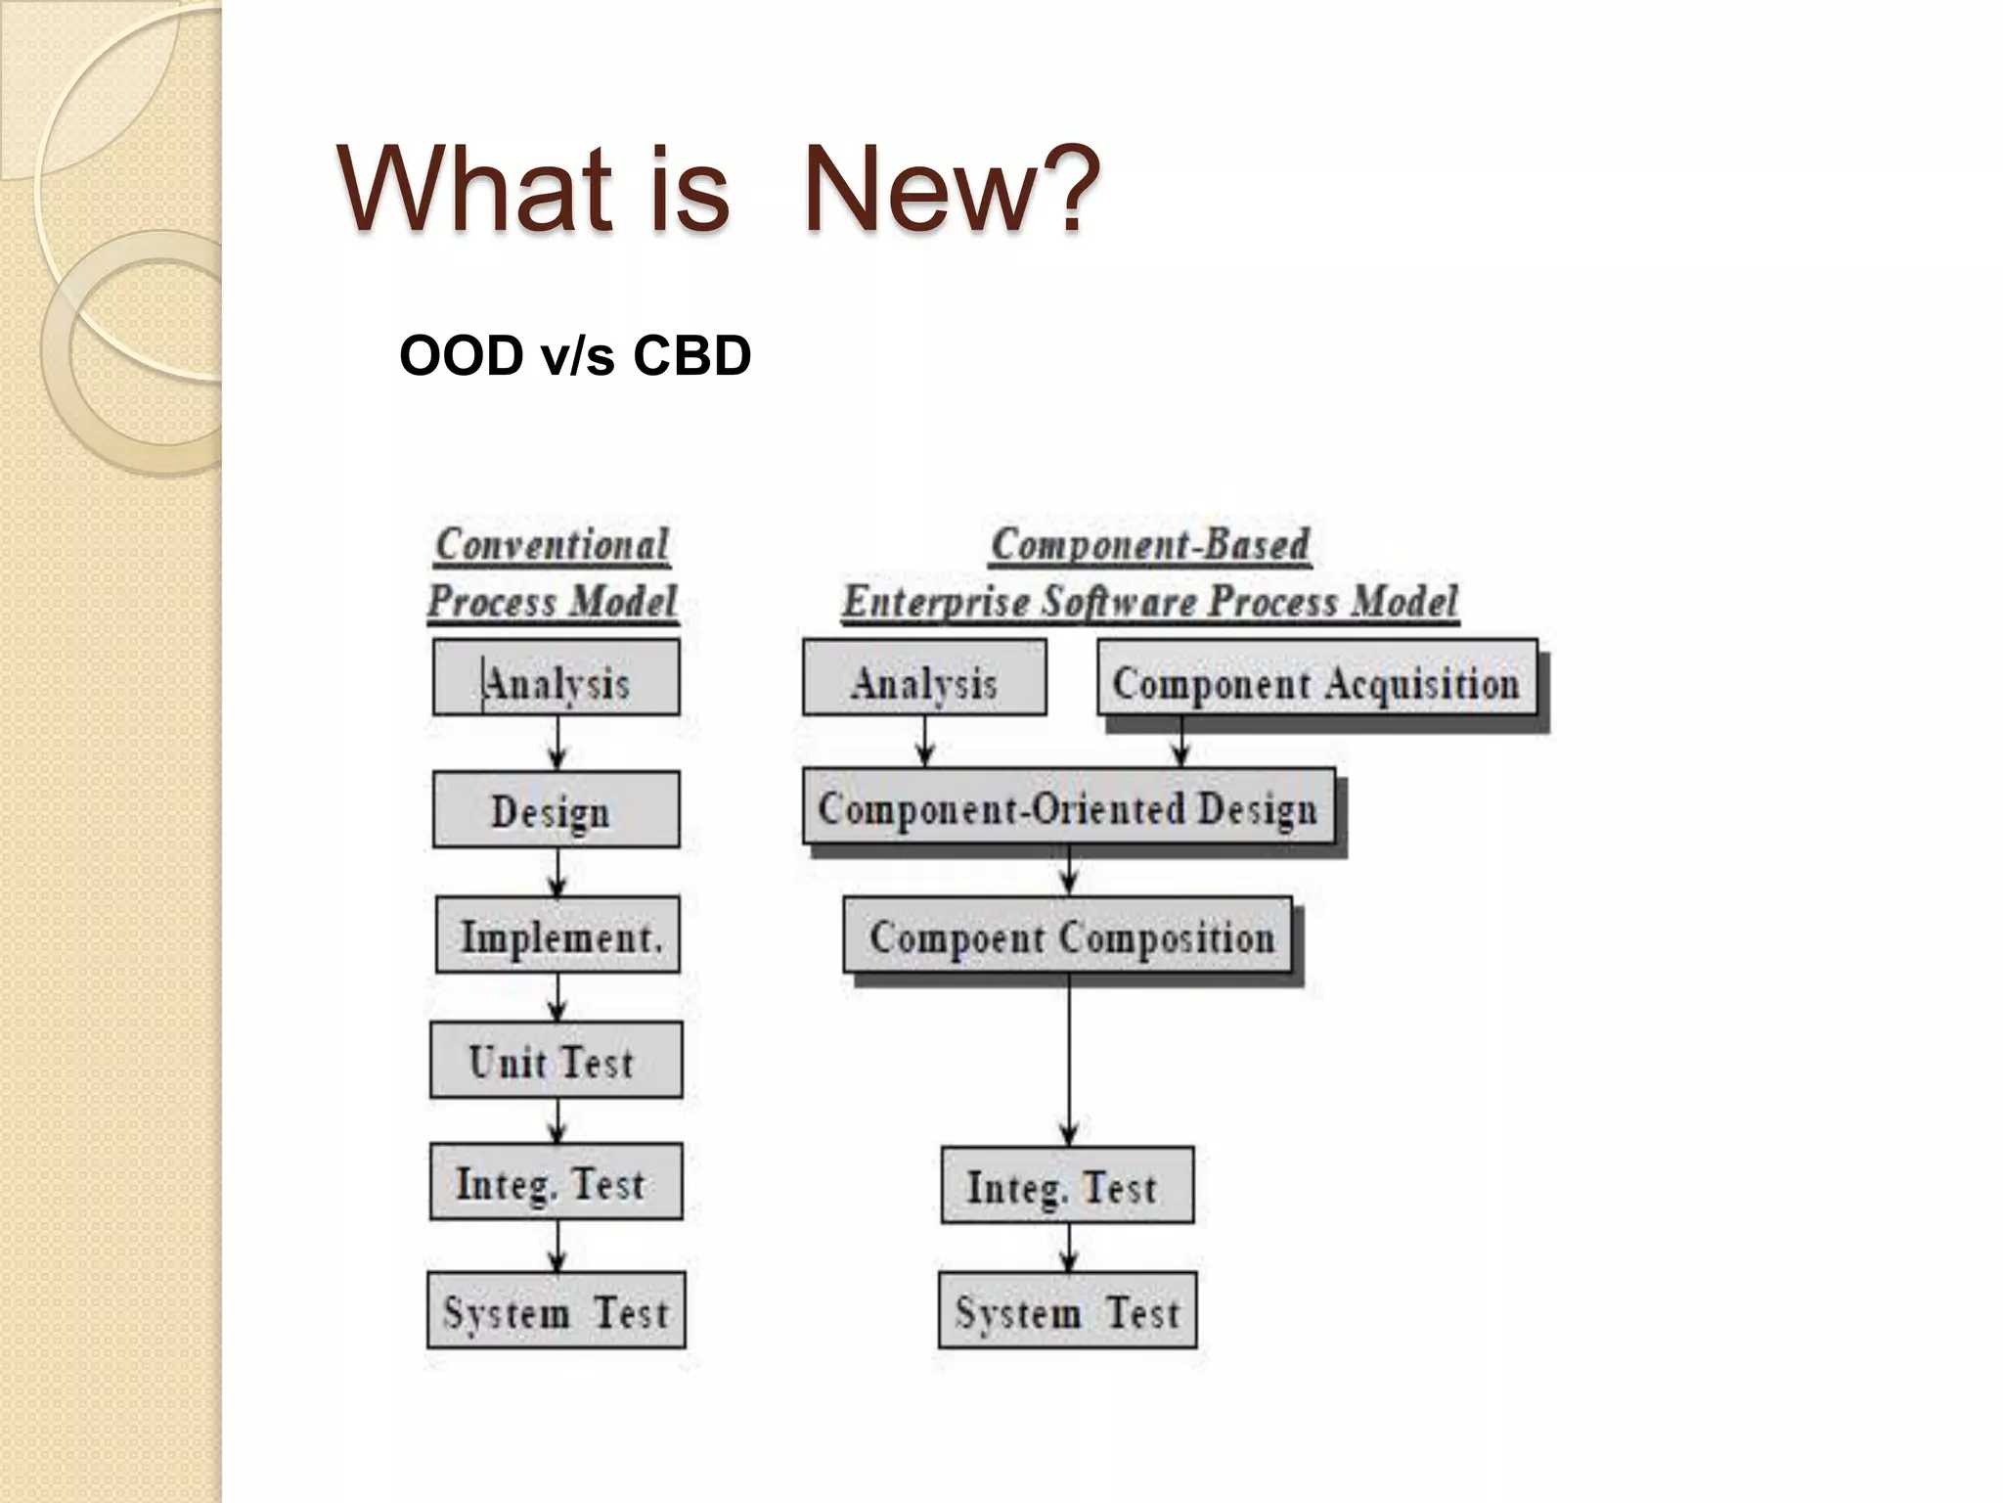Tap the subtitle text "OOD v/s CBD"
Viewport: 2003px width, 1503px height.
pos(575,355)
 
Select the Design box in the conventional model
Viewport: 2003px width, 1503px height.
pos(556,809)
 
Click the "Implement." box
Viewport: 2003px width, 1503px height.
pos(557,935)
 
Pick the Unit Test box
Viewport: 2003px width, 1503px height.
pos(556,1061)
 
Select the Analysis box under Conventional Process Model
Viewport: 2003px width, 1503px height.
pos(556,678)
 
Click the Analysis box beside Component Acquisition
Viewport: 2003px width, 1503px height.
pos(924,678)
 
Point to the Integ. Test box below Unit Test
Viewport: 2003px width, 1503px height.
pos(556,1182)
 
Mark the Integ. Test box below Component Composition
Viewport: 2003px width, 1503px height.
pos(1067,1186)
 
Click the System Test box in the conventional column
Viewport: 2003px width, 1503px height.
pos(556,1311)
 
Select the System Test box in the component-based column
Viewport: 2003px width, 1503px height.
pos(1067,1311)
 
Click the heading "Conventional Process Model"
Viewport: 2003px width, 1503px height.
pos(553,573)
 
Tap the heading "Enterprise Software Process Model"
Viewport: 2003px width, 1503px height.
pos(1150,601)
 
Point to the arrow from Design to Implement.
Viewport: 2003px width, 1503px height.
pos(557,872)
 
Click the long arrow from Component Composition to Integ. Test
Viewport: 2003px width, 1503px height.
pos(1069,1062)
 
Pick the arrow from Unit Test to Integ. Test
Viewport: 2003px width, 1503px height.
pos(557,1121)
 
